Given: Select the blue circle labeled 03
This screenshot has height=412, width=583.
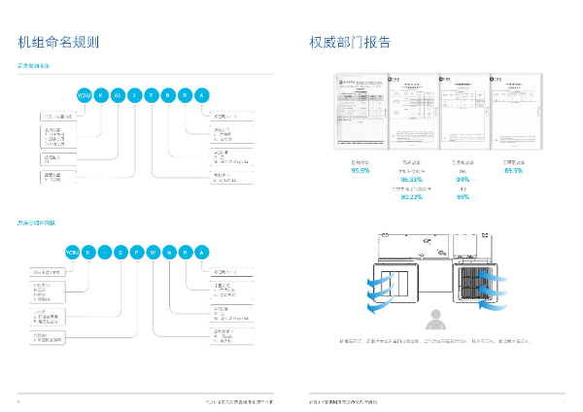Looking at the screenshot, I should tap(118, 95).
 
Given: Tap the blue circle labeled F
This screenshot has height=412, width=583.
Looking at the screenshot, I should tap(151, 95).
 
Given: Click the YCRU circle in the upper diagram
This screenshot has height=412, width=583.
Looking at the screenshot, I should tap(84, 95).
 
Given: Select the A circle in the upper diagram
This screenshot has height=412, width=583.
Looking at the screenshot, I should tap(201, 95).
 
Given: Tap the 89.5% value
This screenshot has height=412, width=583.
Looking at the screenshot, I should tap(514, 171).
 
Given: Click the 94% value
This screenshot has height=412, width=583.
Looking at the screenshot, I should tap(463, 180).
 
